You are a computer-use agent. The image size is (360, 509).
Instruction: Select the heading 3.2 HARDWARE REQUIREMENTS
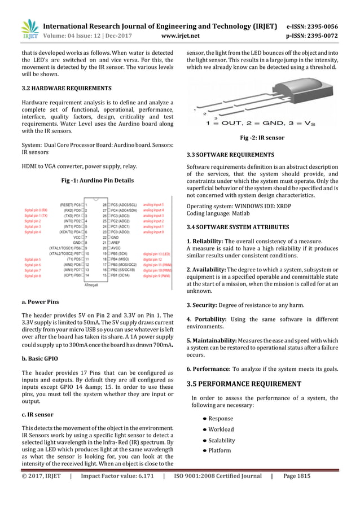point(66,89)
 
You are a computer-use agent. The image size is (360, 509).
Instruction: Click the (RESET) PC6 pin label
point(69,205)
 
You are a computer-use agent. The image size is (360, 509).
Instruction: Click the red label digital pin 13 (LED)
point(157,254)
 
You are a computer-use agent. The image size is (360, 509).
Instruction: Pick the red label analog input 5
point(153,205)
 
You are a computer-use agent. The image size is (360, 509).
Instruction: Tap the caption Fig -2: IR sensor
point(263,138)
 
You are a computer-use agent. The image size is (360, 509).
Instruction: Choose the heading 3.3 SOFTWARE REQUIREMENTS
point(230,154)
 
